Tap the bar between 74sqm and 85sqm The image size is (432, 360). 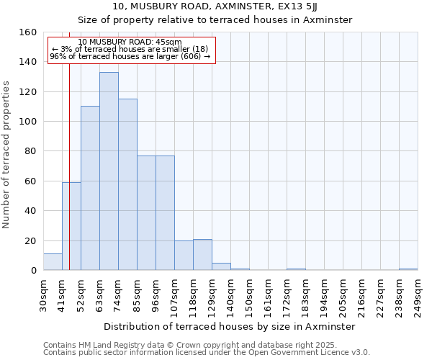(127, 184)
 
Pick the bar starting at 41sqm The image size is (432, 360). (71, 227)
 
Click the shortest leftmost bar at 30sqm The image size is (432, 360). (53, 262)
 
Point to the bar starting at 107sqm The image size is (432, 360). (184, 256)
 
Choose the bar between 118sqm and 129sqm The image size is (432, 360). (202, 255)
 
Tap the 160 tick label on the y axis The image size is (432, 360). (28, 32)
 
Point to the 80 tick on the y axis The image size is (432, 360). (31, 151)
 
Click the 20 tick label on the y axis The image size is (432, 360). (31, 241)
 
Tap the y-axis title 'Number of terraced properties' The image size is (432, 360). (7, 155)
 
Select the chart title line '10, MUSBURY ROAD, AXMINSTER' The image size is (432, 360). (215, 6)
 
